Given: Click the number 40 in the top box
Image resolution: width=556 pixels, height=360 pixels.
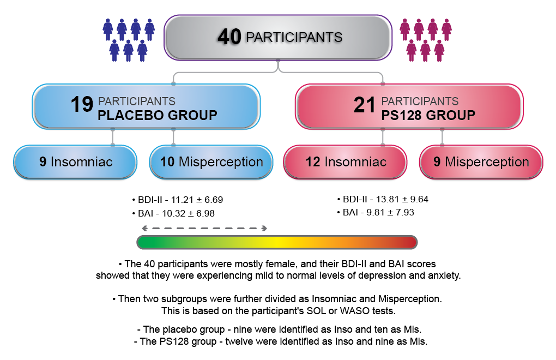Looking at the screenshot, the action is tap(229, 37).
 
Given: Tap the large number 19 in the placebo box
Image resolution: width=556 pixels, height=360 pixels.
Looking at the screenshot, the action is tap(82, 105).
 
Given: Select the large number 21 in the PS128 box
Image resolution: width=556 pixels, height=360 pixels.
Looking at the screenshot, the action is tap(364, 105).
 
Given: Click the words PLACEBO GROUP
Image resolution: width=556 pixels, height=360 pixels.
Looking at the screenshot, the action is tap(158, 115).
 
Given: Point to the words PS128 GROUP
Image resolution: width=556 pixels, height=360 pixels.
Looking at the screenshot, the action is tap(428, 115).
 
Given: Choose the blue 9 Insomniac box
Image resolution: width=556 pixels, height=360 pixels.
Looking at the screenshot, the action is tap(75, 162).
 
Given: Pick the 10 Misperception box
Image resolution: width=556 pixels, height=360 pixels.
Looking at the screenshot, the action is tap(211, 162).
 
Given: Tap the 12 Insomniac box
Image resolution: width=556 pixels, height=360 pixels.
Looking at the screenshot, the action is tap(346, 162).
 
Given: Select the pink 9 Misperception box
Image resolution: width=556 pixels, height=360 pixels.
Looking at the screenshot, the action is tap(481, 162).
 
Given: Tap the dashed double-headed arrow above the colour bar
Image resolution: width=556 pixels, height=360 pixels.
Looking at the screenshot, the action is tap(204, 229).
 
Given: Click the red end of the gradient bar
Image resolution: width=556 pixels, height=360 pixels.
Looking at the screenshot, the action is tap(412, 242).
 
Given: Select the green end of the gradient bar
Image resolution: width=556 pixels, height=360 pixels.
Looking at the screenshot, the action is tap(143, 242).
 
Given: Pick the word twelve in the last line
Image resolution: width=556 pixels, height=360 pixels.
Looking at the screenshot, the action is tap(239, 341).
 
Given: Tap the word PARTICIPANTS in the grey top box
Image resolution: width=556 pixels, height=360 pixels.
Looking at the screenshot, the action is tap(294, 37).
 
